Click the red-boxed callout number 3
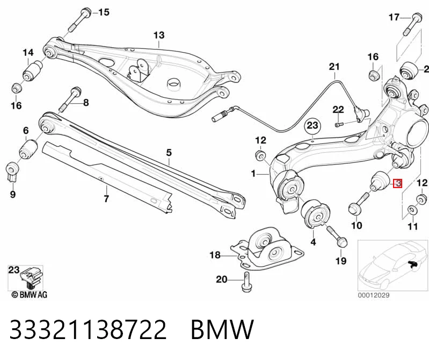[397, 183]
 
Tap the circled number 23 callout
[312, 125]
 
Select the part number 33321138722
[88, 329]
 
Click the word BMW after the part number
[222, 329]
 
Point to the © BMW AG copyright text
[30, 294]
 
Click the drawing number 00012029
[374, 296]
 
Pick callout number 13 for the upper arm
[159, 35]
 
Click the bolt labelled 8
[70, 99]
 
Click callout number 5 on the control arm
[169, 153]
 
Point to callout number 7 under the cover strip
[106, 198]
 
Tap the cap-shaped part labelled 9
[12, 171]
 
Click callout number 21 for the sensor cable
[334, 67]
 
